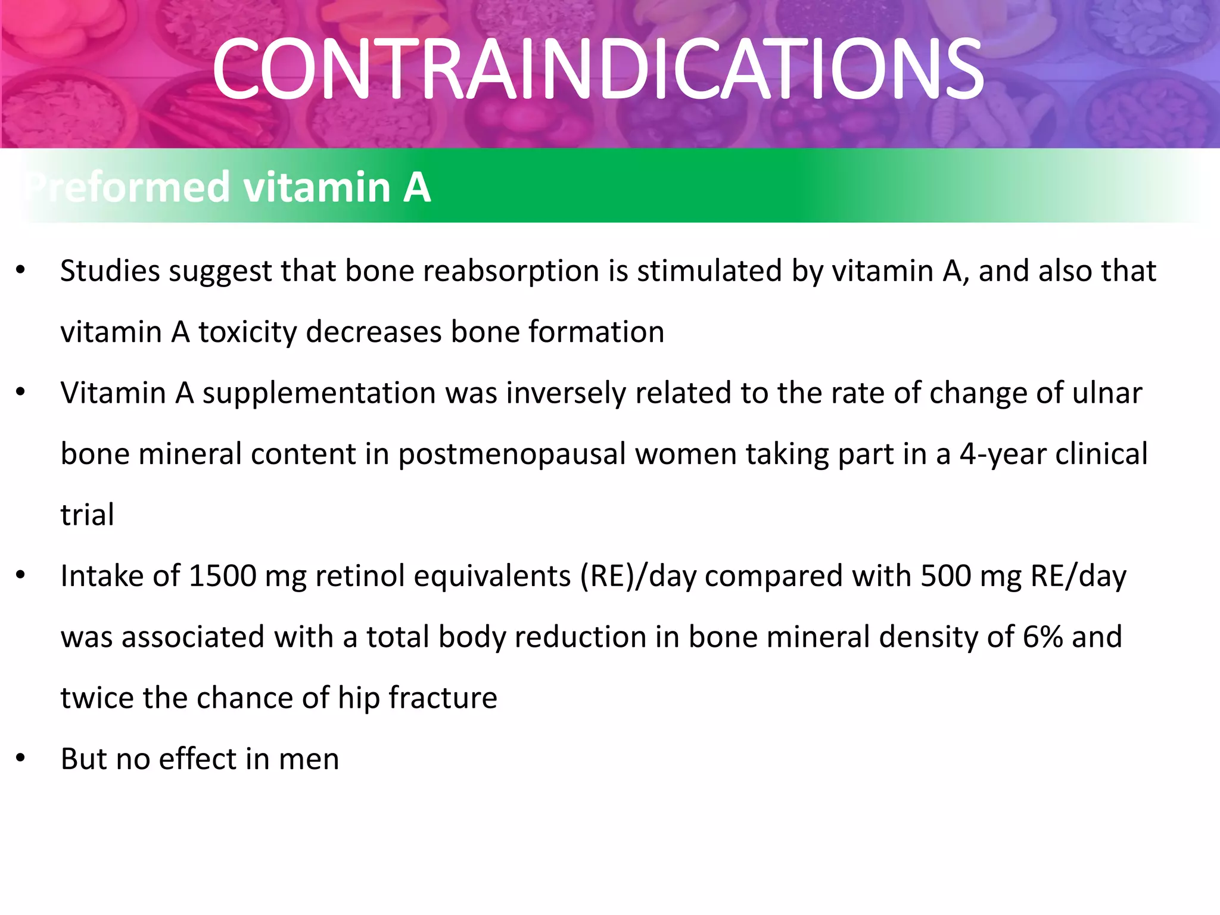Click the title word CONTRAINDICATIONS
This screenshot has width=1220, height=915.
597,69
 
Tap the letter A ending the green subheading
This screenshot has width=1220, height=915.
416,187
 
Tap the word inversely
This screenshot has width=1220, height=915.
565,394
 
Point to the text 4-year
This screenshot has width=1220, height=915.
1002,455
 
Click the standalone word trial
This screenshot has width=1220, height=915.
87,515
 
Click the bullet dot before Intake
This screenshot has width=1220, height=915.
21,576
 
